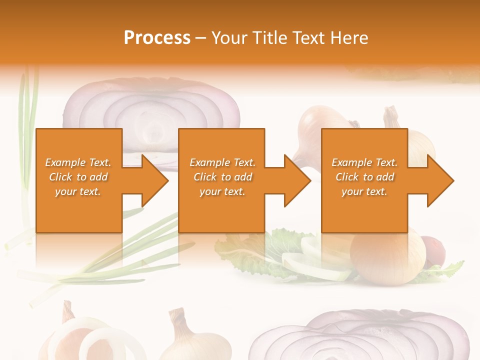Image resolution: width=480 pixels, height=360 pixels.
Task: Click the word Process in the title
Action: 157,37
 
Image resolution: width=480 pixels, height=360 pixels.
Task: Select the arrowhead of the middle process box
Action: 296,180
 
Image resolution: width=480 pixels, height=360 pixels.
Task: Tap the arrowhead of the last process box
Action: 439,180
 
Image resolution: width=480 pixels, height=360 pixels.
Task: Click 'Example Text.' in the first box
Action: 78,162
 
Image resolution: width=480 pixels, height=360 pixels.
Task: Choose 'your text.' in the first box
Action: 78,191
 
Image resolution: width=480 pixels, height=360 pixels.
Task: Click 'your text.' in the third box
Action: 364,191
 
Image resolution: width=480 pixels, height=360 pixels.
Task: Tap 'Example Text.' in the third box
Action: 364,162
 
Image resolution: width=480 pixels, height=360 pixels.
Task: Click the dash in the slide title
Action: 201,38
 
